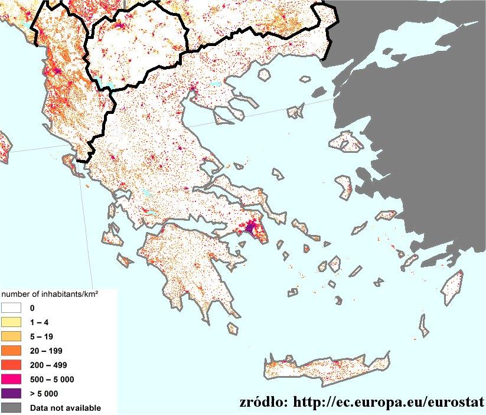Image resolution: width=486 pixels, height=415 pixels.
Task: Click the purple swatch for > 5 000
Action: point(11,393)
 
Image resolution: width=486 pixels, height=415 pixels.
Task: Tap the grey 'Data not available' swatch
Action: point(11,407)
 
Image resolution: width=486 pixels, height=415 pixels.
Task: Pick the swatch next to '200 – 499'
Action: point(11,365)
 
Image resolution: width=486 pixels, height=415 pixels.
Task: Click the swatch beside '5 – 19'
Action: point(11,336)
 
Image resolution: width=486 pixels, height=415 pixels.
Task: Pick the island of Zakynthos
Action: point(125,260)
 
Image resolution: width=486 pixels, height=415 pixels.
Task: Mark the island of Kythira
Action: point(233,328)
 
